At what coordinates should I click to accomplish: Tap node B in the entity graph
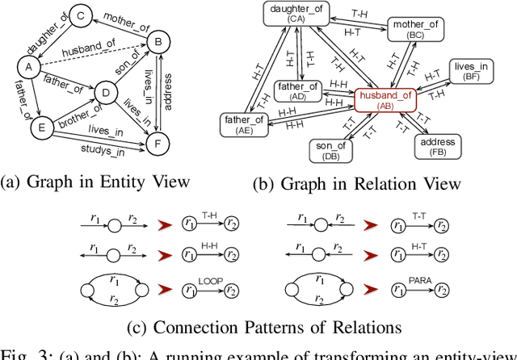coord(160,42)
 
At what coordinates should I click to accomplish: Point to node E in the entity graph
coord(44,126)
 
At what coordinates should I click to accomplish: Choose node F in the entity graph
coord(159,144)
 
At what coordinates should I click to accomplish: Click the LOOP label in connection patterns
coord(210,281)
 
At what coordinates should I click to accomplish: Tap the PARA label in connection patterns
coord(421,281)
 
